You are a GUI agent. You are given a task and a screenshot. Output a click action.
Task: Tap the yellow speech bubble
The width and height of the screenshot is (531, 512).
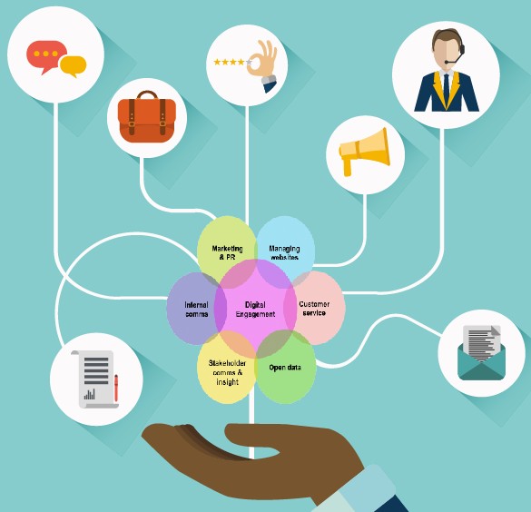pos(74,66)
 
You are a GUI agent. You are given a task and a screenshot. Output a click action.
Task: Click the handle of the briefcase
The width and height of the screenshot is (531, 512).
pos(147,94)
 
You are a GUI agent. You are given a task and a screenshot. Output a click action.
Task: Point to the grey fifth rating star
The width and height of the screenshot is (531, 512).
pos(249,62)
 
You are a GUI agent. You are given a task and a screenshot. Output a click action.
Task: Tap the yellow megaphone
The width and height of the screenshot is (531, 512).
pos(364,152)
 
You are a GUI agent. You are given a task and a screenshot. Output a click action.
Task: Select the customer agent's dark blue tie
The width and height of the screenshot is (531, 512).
pos(446,89)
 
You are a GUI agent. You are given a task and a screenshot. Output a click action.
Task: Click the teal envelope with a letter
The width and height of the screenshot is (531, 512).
pos(481,353)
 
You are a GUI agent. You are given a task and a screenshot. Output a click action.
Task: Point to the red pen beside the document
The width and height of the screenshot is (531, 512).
pos(116,388)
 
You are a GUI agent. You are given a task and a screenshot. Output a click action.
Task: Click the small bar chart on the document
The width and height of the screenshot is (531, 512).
pos(89,395)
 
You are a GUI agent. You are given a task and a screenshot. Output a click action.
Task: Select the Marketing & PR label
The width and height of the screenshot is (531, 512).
pos(227,252)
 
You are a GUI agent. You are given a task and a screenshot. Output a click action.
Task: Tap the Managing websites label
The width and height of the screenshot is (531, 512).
pos(284,252)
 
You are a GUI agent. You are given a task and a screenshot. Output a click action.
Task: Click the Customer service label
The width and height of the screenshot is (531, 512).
pos(314,308)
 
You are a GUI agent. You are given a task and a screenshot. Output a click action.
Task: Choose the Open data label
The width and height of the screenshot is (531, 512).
pos(285,368)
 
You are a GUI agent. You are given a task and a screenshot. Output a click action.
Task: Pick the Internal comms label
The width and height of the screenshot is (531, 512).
pos(196,310)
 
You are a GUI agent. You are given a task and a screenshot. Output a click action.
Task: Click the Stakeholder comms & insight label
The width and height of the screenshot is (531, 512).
pos(227,372)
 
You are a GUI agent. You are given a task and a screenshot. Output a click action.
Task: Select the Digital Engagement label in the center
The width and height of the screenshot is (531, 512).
pos(255,310)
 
